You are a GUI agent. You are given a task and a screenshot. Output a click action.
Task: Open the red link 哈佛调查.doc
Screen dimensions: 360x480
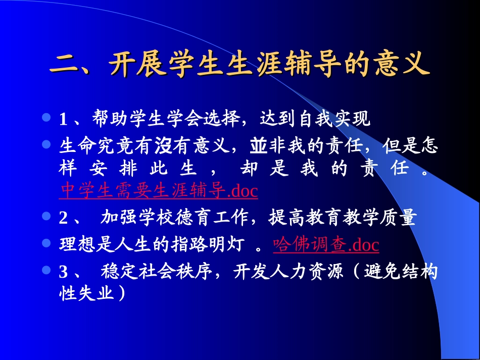(x=326, y=245)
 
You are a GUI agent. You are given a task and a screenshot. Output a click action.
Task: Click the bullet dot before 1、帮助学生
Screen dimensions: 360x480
(x=47, y=118)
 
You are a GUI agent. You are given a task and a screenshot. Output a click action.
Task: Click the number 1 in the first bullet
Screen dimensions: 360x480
(x=64, y=120)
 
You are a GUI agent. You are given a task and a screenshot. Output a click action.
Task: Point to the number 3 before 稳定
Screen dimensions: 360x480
(x=64, y=272)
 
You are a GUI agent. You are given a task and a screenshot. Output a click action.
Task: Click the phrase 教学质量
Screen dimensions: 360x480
(x=383, y=218)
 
